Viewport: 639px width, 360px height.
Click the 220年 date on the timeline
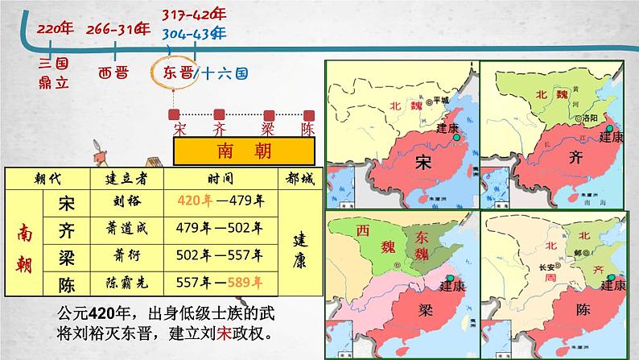pyautogui.click(x=52, y=30)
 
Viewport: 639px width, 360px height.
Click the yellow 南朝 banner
pyautogui.click(x=245, y=151)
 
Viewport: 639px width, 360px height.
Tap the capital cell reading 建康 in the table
pyautogui.click(x=298, y=242)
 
